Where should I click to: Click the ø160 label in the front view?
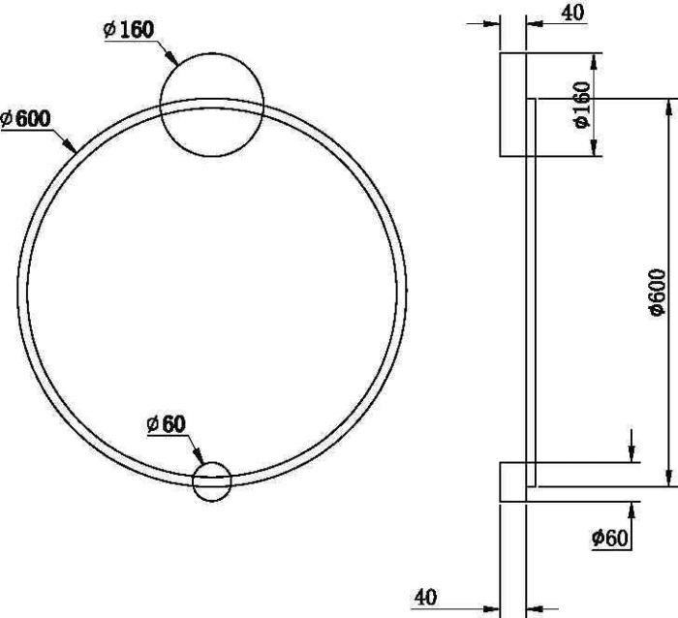point(128,29)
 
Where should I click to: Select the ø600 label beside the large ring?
point(26,118)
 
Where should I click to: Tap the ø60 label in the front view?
point(166,423)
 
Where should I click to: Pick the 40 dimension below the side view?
point(424,598)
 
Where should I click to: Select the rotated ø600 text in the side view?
point(657,292)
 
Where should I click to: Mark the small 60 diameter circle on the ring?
point(212,481)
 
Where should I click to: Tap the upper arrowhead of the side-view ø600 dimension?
point(667,106)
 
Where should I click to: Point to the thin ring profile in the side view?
point(532,291)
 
